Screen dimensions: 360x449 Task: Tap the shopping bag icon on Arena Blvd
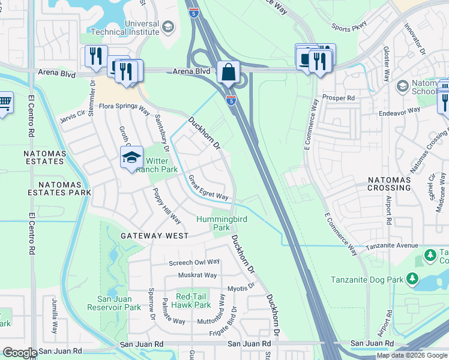(x=228, y=72)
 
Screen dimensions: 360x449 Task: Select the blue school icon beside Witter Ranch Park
(x=131, y=158)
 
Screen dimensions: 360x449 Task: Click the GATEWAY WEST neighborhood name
(x=150, y=236)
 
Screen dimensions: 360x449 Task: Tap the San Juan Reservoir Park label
(x=119, y=303)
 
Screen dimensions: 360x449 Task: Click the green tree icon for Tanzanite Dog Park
(x=412, y=279)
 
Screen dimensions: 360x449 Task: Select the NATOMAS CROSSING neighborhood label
(x=390, y=184)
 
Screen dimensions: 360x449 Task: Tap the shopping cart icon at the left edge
(x=5, y=104)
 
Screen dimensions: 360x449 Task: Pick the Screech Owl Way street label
(x=194, y=262)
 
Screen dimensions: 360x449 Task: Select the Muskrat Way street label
(x=197, y=275)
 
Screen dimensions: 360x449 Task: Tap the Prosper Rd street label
(x=339, y=97)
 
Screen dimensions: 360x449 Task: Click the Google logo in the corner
(x=20, y=353)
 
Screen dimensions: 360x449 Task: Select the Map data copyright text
(x=412, y=355)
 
